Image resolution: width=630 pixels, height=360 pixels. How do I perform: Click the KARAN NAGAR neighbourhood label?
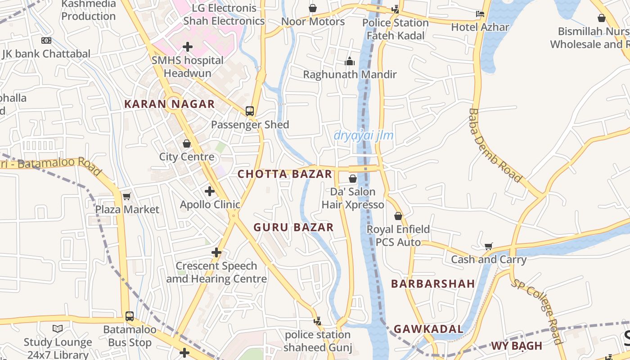[169, 104]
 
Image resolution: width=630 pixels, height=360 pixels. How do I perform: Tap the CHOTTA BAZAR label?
[284, 174]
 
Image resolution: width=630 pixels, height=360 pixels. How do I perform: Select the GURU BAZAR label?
[293, 227]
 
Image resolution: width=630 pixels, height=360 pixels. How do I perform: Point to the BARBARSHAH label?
[433, 283]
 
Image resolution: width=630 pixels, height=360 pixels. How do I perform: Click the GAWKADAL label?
[428, 329]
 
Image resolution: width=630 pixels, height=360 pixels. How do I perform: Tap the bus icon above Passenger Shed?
[250, 111]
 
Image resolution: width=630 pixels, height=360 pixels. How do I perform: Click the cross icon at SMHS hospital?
[188, 46]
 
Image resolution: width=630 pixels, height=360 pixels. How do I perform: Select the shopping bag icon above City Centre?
[187, 144]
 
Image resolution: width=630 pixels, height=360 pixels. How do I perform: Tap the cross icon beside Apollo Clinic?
[209, 191]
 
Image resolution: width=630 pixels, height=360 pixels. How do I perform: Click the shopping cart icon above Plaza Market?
[127, 196]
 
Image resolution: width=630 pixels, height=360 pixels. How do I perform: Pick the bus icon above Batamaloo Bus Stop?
[130, 316]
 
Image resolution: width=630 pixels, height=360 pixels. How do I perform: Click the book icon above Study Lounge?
[58, 329]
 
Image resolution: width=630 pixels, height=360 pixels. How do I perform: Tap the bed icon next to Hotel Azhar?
[480, 14]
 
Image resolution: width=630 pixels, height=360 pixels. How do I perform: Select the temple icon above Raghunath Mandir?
[350, 61]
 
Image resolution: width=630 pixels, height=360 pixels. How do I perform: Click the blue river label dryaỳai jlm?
[364, 135]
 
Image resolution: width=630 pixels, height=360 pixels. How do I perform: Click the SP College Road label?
[537, 311]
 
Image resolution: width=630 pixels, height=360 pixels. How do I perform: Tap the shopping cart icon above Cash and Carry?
[489, 246]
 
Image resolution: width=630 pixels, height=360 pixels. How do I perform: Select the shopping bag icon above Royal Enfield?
[398, 216]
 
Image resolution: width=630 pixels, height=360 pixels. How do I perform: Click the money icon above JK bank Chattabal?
[46, 40]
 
